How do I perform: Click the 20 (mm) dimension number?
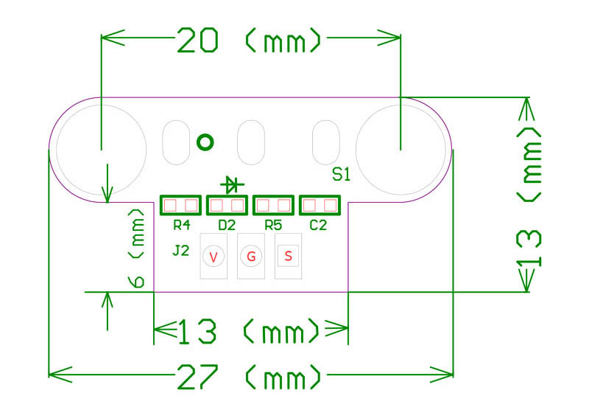(197, 40)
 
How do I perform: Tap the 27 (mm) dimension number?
(197, 377)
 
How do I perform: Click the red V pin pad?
(214, 257)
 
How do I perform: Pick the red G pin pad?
(251, 257)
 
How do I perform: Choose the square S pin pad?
(288, 256)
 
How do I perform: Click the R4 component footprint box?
(180, 205)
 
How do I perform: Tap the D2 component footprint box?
(227, 205)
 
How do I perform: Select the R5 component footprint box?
(273, 205)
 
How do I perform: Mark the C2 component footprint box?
(320, 205)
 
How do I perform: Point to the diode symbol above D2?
(232, 184)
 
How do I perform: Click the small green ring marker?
(205, 142)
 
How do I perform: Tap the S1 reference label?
(341, 175)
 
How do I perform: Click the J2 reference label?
(180, 250)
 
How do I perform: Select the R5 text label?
(273, 226)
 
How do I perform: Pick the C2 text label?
(318, 226)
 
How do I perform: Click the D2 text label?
(227, 226)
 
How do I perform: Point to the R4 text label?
(181, 226)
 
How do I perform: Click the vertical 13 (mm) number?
(529, 248)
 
